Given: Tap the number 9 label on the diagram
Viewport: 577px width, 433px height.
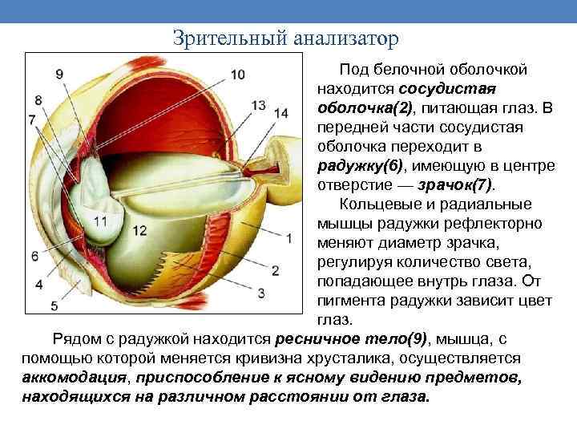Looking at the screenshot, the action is [59, 75].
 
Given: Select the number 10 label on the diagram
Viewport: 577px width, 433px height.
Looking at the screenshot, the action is [237, 75].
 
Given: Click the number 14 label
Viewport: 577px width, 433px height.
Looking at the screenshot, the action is [280, 113].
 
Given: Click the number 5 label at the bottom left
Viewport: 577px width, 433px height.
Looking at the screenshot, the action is [54, 306].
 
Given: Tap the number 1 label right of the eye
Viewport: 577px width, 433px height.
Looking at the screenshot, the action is [288, 237].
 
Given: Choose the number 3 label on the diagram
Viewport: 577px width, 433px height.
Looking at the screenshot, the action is [260, 290].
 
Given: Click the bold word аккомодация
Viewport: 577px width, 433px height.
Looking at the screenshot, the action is [77, 377].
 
